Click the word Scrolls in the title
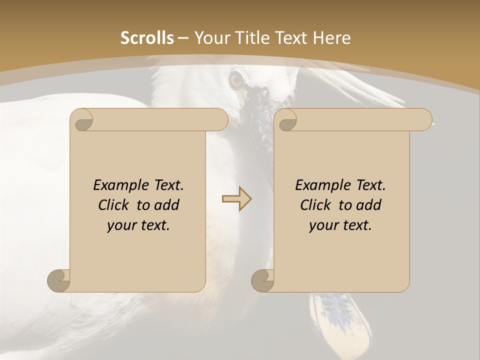pos(147,38)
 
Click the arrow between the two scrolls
pos(236,198)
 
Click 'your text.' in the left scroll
pos(138,225)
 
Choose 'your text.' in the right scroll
pos(340,225)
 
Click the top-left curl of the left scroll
pos(82,120)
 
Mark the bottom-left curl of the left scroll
pos(59,280)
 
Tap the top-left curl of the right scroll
pos(286,120)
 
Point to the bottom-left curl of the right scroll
pos(262,280)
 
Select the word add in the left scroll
pos(167,205)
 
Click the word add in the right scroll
pos(369,205)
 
